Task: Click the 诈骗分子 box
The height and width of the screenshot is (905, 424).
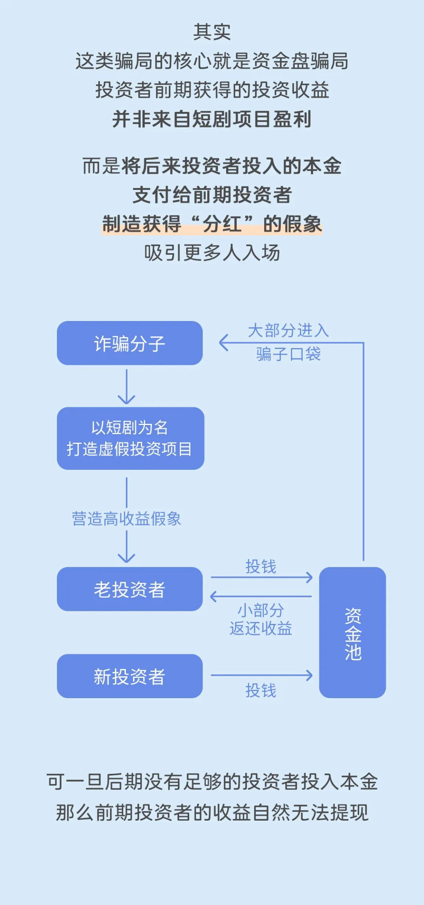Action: coord(130,343)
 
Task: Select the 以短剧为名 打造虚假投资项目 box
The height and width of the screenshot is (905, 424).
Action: coord(130,438)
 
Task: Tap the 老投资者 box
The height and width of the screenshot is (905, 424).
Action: coord(130,589)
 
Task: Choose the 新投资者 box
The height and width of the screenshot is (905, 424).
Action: coord(130,676)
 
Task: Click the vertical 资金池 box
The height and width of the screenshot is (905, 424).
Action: coord(352,632)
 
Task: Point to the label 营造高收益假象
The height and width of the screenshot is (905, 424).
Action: coord(126,519)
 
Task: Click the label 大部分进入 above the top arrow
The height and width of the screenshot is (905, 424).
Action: coord(288,330)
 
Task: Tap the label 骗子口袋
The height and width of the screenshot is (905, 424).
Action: coord(288,354)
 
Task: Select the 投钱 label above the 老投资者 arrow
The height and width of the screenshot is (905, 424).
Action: coord(261,566)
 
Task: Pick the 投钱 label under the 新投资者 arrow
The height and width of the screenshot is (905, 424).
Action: coord(261,690)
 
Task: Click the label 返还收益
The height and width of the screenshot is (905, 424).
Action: coord(261,628)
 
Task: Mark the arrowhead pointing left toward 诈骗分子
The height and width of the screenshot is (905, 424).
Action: coord(223,343)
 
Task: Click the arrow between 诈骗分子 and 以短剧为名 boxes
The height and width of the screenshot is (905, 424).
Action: coord(126,387)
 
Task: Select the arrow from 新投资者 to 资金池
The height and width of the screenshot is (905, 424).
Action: coord(261,675)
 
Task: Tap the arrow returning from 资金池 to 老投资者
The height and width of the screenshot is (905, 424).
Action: coord(261,597)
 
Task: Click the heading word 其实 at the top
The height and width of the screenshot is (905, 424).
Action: coord(212,32)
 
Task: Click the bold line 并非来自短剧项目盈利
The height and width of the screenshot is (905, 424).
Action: coord(212,119)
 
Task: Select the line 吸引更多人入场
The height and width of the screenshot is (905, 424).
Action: coord(212,253)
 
